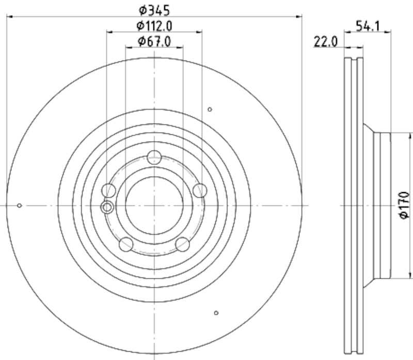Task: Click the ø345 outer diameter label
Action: (x=154, y=9)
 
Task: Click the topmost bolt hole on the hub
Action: (x=154, y=158)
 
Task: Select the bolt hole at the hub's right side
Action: (x=199, y=190)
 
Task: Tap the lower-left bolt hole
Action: (x=126, y=244)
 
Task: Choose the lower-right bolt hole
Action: (x=182, y=244)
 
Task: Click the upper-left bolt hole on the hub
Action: (x=109, y=191)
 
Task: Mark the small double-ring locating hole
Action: (x=107, y=208)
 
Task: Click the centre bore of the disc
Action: (x=154, y=206)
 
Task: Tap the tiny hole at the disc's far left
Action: (x=19, y=206)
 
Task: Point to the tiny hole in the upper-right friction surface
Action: (x=210, y=109)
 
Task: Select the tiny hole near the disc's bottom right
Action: (x=216, y=312)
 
